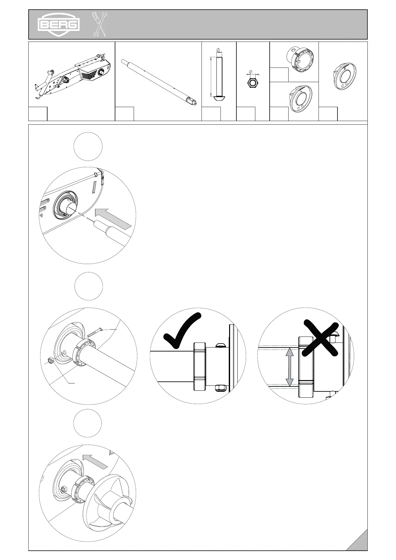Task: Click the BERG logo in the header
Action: (x=58, y=24)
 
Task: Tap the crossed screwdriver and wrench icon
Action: (x=99, y=24)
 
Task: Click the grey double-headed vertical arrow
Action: (x=290, y=366)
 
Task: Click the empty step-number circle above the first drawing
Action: (x=88, y=146)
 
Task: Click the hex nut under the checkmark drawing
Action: (x=219, y=388)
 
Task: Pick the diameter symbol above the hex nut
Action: (x=250, y=71)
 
